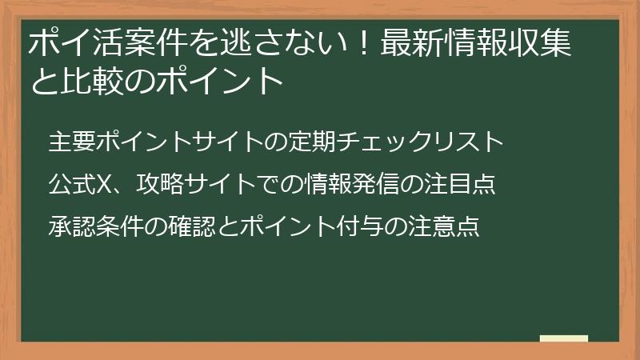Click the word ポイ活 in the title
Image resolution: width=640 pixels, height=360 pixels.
(75, 43)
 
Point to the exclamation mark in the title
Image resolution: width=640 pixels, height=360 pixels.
(363, 43)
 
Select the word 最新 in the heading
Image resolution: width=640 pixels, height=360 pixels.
(413, 43)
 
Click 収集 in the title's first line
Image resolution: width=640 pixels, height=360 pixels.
(540, 43)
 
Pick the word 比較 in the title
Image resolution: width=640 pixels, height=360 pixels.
(92, 80)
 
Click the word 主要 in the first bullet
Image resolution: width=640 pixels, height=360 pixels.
(72, 142)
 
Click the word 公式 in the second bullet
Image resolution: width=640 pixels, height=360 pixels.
(72, 185)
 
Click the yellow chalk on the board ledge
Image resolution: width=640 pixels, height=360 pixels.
(564, 338)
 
